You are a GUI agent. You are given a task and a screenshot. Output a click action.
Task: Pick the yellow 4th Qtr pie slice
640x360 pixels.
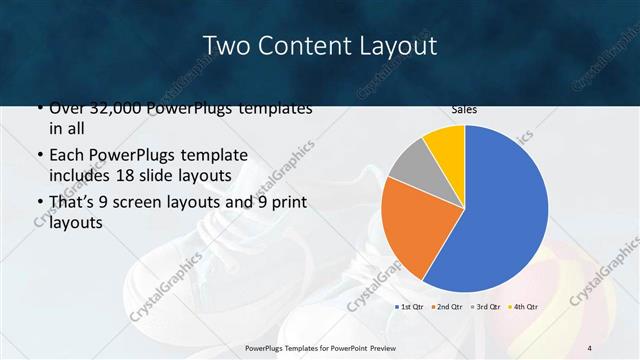pyautogui.click(x=445, y=145)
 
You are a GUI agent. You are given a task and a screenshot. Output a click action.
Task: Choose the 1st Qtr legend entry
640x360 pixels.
pyautogui.click(x=410, y=306)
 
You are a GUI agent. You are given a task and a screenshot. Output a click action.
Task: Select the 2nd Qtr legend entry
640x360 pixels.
pyautogui.click(x=446, y=306)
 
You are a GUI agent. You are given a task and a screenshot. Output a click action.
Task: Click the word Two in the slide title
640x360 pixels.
pyautogui.click(x=225, y=46)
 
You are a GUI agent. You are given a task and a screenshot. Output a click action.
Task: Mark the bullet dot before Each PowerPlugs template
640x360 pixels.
pyautogui.click(x=39, y=156)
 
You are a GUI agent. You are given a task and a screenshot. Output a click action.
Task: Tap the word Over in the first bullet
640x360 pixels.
pyautogui.click(x=66, y=108)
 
